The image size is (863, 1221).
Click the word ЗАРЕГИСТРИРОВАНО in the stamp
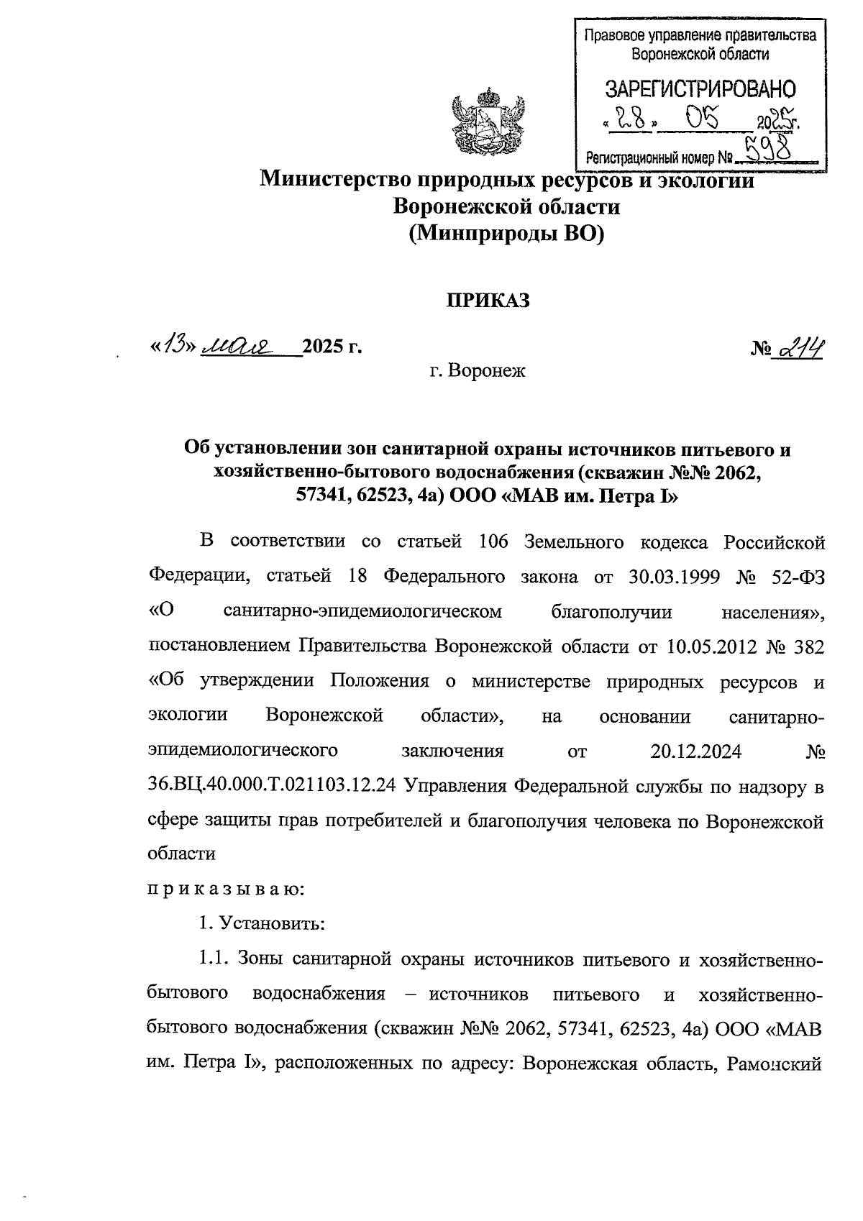(700, 89)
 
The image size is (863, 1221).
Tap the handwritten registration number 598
(767, 150)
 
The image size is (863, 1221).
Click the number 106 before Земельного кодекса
(493, 541)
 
